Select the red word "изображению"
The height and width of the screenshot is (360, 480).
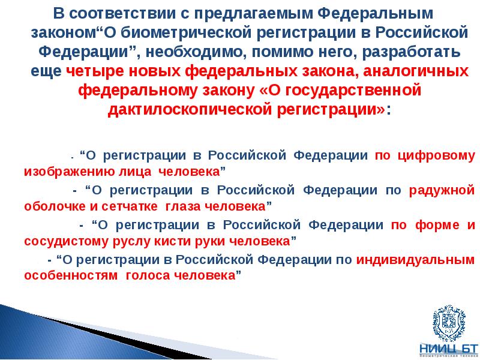[x=63, y=171]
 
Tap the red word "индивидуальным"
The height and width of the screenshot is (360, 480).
[x=416, y=260]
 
